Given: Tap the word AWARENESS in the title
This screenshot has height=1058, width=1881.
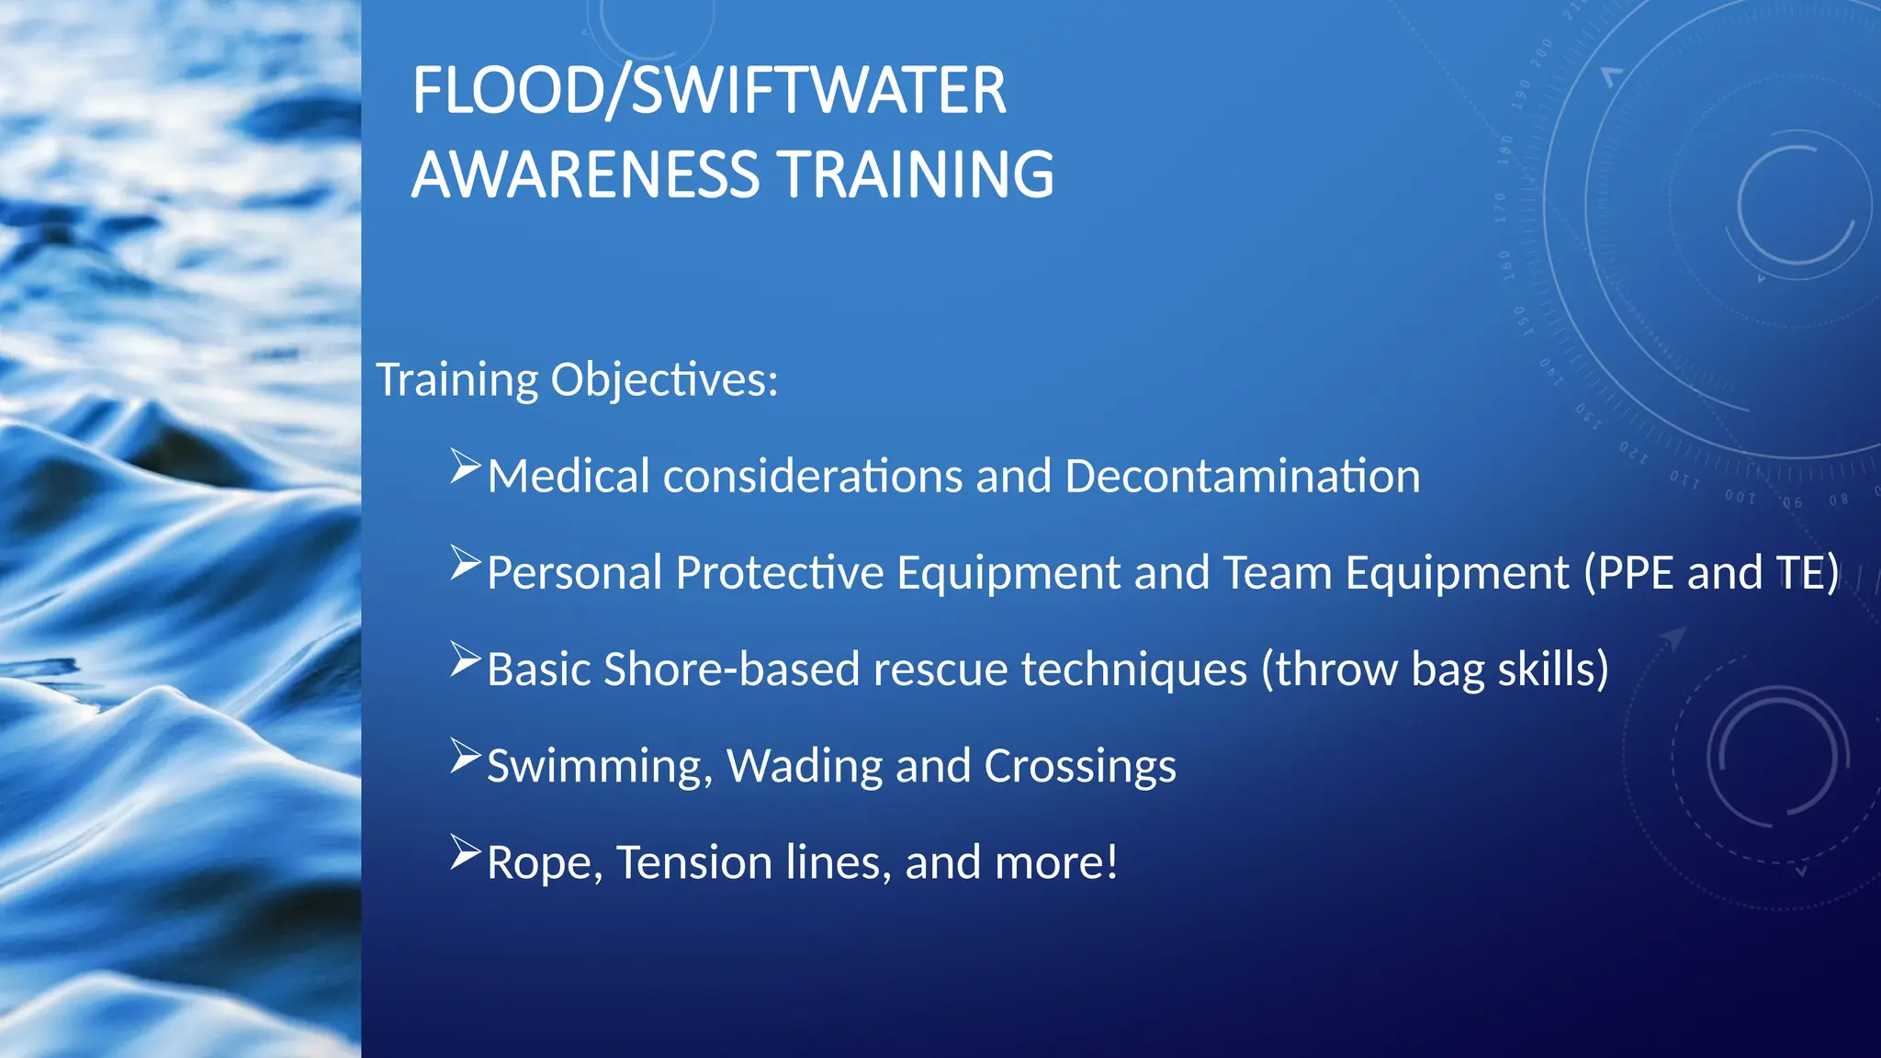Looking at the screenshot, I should point(585,174).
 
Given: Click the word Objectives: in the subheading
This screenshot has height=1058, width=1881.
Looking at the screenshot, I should point(664,379).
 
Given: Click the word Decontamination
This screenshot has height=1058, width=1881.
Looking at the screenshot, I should point(1242,476).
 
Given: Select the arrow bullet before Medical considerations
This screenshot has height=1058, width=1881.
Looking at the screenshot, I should point(465,467).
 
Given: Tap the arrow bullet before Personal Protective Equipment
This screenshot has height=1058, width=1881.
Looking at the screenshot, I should point(465,563).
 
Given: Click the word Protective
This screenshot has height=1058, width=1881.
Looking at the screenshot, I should point(780,572).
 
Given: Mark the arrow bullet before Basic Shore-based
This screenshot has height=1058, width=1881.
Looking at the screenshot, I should point(465,659).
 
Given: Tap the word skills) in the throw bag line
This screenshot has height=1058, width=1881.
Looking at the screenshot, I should point(1553,669).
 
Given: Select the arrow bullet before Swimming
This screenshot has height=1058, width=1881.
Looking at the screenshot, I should point(465,756).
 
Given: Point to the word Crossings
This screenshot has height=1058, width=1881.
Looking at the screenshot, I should point(1080,766).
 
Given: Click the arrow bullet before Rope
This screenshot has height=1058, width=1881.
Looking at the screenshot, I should point(465,852).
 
